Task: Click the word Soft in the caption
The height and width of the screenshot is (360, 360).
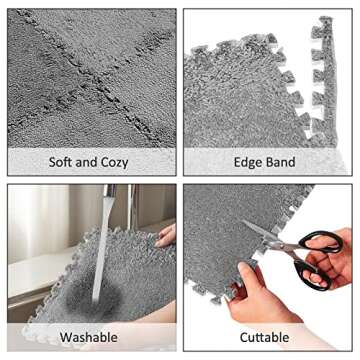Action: (65, 161)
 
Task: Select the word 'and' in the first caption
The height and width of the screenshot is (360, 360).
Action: (91, 161)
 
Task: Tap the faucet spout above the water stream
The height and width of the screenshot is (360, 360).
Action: (109, 194)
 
